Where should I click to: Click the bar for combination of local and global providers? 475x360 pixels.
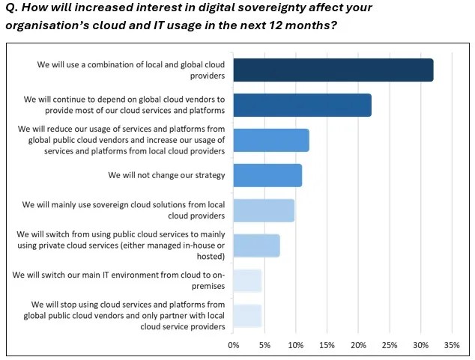tap(333, 70)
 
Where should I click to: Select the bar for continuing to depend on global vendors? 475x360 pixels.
tap(302, 105)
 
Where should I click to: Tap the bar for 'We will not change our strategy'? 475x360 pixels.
tap(267, 175)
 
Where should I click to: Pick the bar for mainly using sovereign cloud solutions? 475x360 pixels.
tap(264, 210)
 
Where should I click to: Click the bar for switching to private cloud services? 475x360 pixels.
tap(256, 245)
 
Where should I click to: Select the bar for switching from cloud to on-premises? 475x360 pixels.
tap(247, 281)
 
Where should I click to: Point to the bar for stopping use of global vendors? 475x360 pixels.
tap(247, 316)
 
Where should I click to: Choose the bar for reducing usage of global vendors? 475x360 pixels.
tap(270, 140)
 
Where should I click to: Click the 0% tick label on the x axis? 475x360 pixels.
tap(233, 346)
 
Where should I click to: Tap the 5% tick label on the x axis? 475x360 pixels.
tap(264, 346)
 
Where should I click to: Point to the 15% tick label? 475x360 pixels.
tap(327, 346)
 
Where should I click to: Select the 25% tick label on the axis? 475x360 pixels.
tap(389, 346)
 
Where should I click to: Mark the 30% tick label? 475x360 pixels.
tap(420, 346)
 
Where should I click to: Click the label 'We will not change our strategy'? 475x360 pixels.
tap(166, 175)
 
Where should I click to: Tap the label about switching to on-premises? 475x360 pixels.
tap(118, 281)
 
